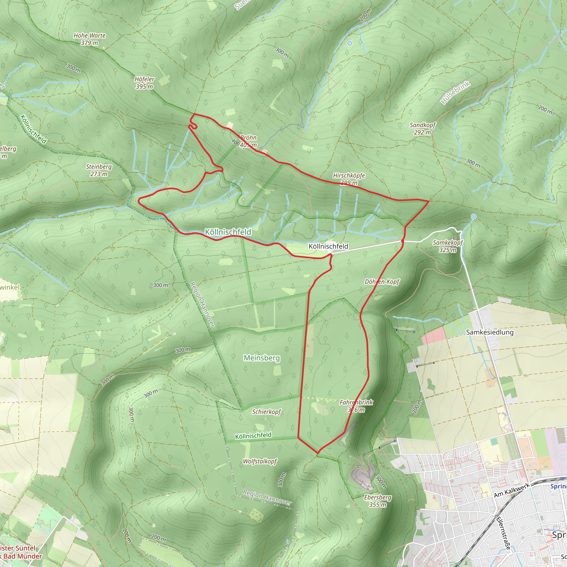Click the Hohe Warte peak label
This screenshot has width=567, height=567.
point(89,39)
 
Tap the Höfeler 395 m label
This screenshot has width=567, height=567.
point(145,83)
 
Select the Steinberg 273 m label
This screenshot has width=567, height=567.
point(99,170)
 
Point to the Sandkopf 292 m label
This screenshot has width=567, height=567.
point(422,128)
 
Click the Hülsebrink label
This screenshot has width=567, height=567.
point(455,93)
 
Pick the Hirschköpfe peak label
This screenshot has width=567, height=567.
point(349,179)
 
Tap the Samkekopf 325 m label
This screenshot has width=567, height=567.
point(448,246)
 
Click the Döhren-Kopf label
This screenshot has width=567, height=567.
point(382,282)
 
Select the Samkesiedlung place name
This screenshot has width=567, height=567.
point(490,332)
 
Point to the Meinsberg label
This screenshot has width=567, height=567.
point(262,358)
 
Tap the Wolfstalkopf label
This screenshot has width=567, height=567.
point(260,461)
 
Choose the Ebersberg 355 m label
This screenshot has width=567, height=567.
point(378,501)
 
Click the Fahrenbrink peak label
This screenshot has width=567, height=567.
point(356,406)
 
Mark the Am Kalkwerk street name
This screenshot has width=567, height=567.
point(512,490)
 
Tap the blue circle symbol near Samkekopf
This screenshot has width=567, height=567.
point(473,217)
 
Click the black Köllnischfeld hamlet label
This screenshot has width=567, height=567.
point(328,246)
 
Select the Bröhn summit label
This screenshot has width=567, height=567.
point(248,141)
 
